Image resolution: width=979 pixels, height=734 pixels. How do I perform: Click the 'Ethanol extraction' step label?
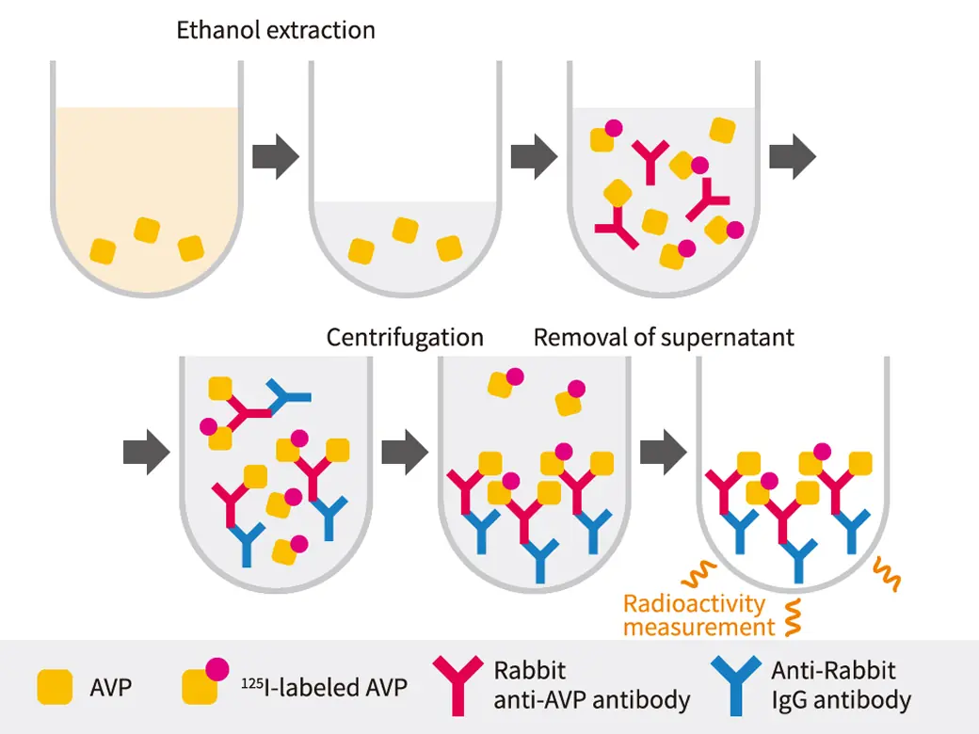[276, 30]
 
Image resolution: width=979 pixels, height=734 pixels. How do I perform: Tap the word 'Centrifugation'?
[405, 337]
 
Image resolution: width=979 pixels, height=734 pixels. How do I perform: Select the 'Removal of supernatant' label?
[664, 337]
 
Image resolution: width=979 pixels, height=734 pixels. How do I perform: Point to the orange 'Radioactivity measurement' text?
[695, 614]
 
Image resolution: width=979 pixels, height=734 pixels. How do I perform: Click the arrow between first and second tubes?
[277, 156]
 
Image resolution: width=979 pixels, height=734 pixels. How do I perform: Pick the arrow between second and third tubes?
[532, 156]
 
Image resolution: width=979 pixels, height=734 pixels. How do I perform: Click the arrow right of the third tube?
[793, 156]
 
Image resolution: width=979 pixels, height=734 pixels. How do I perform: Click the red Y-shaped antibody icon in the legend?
[459, 685]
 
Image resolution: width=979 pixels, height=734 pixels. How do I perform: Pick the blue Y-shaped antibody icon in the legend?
[737, 685]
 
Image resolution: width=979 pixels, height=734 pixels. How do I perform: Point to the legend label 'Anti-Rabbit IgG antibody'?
[841, 685]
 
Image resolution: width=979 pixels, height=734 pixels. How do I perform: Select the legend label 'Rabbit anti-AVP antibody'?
[591, 685]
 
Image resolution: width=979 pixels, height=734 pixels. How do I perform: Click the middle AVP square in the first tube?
[147, 230]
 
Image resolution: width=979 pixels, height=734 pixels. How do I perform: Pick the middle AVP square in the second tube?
[405, 230]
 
